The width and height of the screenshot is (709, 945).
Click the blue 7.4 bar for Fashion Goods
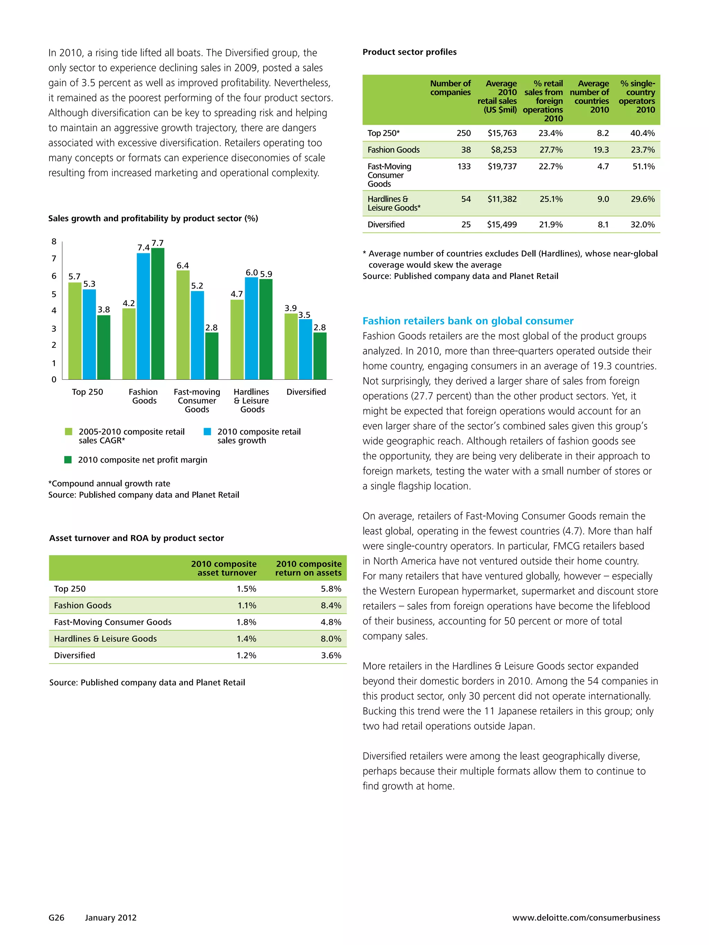(143, 316)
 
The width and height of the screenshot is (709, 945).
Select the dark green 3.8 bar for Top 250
(104, 347)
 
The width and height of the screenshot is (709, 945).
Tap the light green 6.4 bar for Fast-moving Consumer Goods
(182, 325)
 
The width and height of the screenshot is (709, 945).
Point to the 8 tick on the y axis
(54, 242)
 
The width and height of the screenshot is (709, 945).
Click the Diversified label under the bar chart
(306, 392)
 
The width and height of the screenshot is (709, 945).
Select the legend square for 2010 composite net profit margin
(68, 460)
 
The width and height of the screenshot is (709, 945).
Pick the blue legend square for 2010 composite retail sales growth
(207, 432)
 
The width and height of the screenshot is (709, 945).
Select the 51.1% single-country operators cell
(643, 166)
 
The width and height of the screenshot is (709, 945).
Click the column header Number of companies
(450, 88)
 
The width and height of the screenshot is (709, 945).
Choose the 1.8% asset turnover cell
(246, 622)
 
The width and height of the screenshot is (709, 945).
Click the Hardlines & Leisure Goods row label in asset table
(105, 639)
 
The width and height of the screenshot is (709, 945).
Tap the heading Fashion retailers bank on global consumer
(468, 321)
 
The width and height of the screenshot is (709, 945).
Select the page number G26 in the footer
(56, 918)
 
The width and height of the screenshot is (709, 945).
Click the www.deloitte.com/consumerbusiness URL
(586, 918)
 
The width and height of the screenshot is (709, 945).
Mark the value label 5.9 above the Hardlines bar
(266, 274)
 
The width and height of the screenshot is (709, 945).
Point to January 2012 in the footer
(111, 918)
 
